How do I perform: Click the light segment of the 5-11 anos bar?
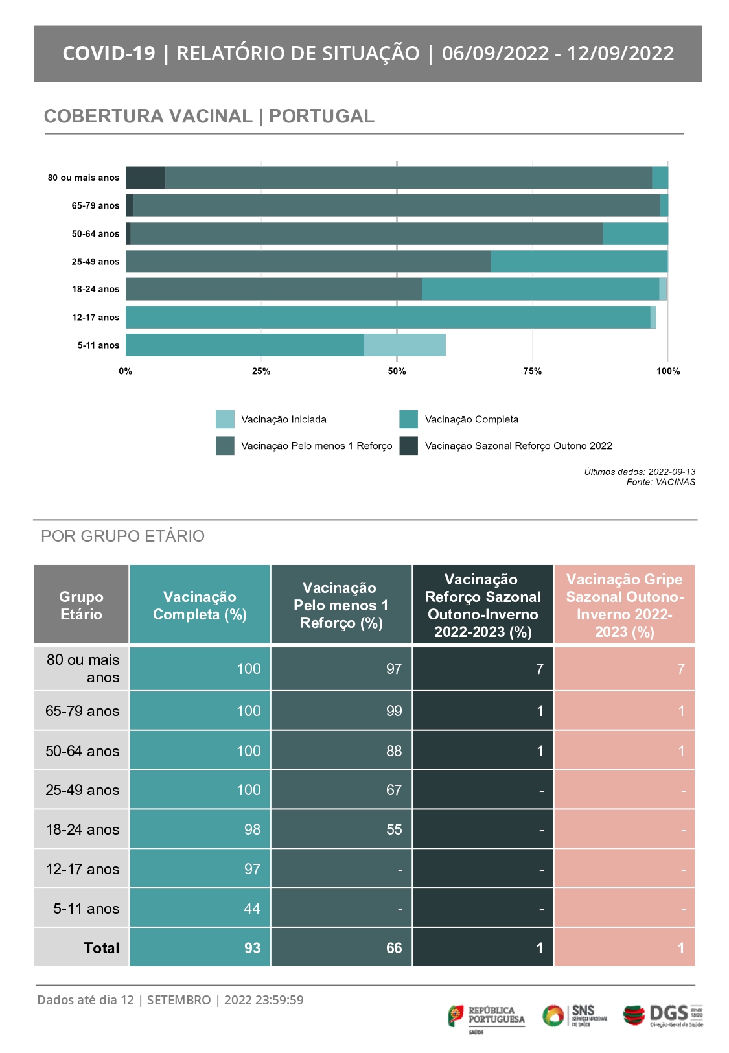click(405, 345)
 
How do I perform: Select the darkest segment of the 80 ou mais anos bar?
click(145, 177)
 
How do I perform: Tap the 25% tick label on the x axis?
click(261, 371)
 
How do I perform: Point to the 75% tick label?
click(532, 371)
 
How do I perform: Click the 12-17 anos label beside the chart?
click(95, 318)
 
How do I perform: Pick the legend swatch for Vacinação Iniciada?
click(225, 419)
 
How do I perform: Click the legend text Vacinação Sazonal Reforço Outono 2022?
click(518, 446)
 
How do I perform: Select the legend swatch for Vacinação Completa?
click(408, 419)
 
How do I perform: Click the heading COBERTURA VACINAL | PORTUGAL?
click(209, 116)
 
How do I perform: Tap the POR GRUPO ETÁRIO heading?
click(122, 536)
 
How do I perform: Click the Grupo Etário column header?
click(81, 605)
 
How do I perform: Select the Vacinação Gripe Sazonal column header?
click(625, 605)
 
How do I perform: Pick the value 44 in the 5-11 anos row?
click(252, 908)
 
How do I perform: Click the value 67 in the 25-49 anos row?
click(394, 789)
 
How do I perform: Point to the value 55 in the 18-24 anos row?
click(394, 829)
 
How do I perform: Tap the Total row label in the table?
click(102, 947)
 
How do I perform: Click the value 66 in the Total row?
click(394, 947)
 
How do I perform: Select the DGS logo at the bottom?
click(663, 1015)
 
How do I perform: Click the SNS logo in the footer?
click(574, 1015)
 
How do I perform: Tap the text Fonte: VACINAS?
click(661, 482)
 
